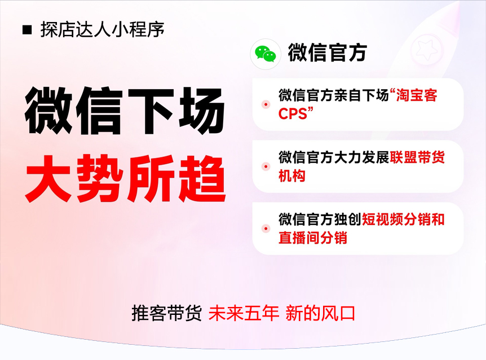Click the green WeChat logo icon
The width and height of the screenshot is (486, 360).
[266, 54]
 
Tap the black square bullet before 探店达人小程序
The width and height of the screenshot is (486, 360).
[27, 30]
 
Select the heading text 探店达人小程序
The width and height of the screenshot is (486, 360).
[102, 30]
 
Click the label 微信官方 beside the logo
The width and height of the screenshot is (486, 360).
[328, 52]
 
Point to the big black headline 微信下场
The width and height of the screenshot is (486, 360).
[125, 111]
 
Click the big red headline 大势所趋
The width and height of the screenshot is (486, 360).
[126, 179]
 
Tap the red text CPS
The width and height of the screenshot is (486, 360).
[293, 114]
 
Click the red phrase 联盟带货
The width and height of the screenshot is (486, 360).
[417, 157]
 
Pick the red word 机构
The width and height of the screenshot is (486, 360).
[292, 176]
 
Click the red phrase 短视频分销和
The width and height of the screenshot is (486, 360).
[403, 219]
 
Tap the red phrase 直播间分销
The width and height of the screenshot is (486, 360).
[313, 238]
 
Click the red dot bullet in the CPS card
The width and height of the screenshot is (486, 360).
[266, 104]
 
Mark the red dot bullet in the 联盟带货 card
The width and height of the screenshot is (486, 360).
[266, 166]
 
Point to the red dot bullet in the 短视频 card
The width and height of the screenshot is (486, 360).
[266, 229]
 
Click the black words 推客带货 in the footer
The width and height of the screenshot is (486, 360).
[167, 313]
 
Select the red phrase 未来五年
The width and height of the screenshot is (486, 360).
[244, 313]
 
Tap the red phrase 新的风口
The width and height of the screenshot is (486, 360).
[320, 313]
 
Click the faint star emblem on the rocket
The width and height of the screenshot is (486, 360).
[426, 50]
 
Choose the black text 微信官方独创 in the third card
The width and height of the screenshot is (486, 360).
[320, 219]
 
